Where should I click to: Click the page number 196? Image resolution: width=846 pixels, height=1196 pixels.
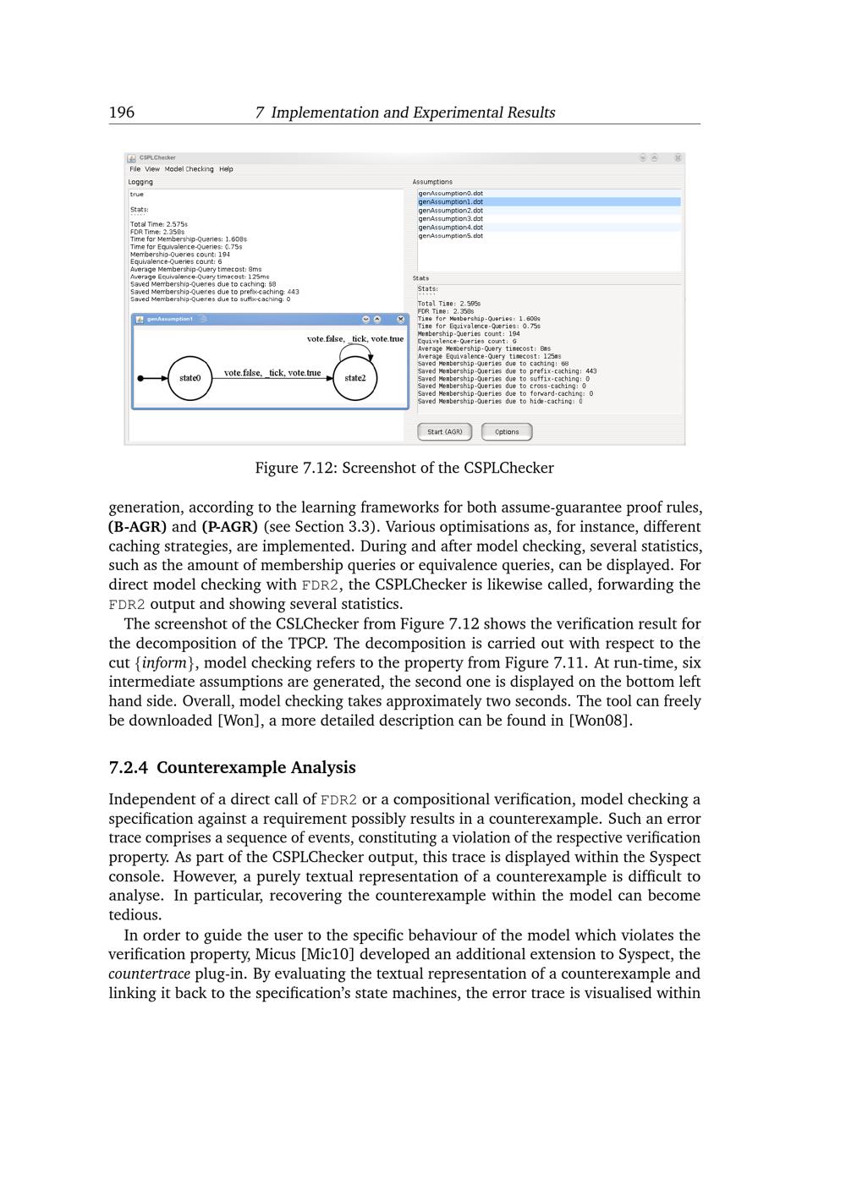tap(122, 112)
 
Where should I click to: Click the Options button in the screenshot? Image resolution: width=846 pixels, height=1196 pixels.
tap(507, 432)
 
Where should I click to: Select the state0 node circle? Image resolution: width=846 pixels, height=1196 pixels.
tap(190, 378)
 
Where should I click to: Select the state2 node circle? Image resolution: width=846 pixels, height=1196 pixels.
tap(355, 378)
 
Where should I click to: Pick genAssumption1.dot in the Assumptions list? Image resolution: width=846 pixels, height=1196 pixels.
tap(451, 202)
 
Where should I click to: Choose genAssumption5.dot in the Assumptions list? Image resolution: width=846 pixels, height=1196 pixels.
tap(451, 236)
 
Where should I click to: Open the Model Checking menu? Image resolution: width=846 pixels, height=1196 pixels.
tap(190, 169)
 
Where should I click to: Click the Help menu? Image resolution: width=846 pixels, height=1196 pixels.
tap(226, 169)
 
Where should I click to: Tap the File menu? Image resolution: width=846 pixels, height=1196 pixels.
tap(135, 169)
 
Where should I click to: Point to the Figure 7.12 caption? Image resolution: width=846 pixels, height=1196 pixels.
tap(404, 468)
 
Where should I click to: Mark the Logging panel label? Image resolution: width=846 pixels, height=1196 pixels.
tap(141, 182)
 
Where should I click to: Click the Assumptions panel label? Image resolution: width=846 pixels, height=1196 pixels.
tap(432, 182)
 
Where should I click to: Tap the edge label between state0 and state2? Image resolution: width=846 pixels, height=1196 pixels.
tap(272, 373)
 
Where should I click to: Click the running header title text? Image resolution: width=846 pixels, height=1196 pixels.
tap(404, 112)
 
